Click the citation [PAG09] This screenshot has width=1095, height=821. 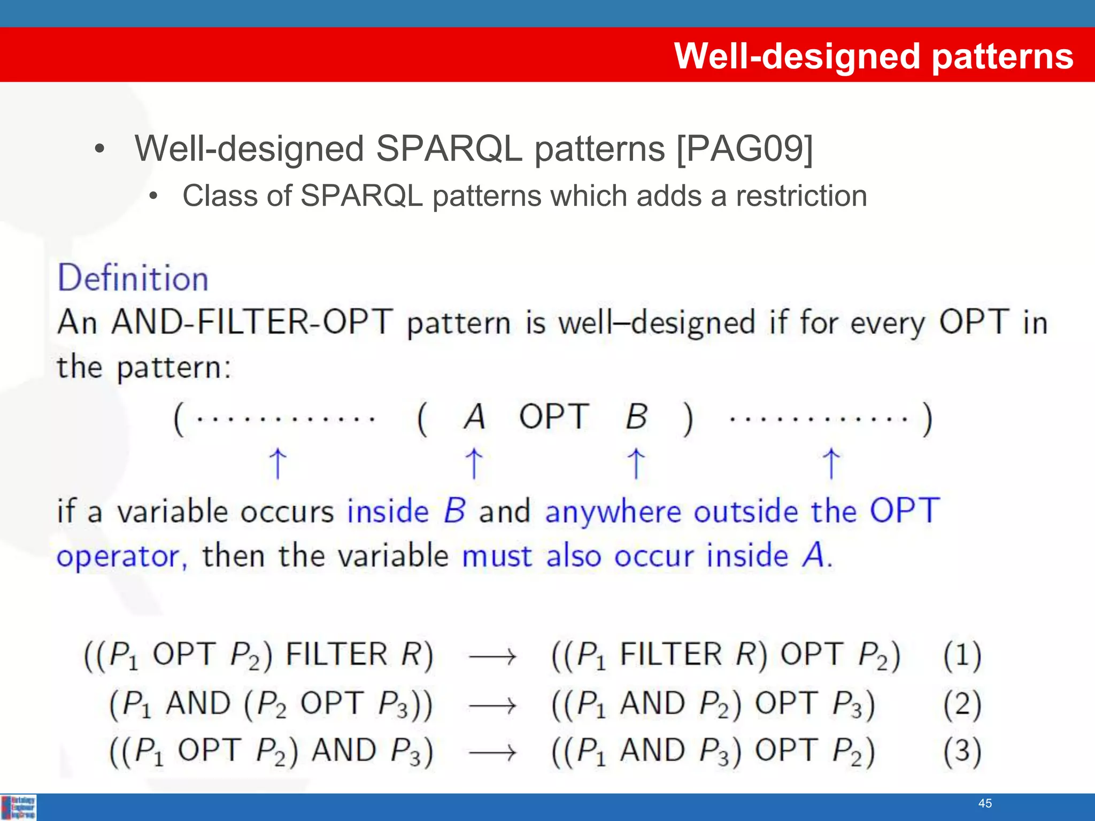(x=744, y=149)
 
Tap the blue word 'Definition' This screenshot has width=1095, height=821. (x=133, y=278)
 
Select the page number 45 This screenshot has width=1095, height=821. (x=985, y=803)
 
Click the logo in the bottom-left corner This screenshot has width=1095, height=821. (x=19, y=807)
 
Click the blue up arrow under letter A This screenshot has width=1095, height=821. (x=474, y=463)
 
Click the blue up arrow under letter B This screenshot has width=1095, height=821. (x=636, y=463)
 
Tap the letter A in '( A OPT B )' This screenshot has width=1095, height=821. (x=474, y=417)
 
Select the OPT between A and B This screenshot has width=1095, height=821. (x=554, y=417)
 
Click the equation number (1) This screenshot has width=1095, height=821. (x=962, y=655)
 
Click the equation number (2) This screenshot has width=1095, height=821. (x=962, y=704)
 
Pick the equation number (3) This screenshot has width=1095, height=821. (x=962, y=752)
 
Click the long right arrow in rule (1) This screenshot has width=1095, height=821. (x=492, y=656)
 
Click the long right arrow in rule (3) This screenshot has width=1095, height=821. (x=492, y=753)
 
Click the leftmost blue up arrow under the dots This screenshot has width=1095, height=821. (x=277, y=463)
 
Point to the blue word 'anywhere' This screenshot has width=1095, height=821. (x=613, y=512)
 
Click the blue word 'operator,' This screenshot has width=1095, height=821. (x=122, y=557)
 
